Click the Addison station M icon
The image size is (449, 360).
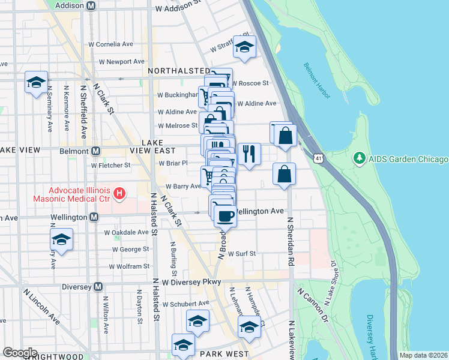[91, 5]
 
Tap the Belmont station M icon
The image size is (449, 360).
[95, 151]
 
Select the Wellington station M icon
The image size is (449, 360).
[94, 217]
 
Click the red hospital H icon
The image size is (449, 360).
[120, 194]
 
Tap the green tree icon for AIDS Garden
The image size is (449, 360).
[360, 158]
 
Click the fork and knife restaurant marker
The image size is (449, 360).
[249, 154]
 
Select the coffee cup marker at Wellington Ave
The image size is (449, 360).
[225, 215]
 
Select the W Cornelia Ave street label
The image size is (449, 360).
[110, 44]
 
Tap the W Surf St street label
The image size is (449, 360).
[242, 254]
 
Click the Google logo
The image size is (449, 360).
[19, 353]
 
